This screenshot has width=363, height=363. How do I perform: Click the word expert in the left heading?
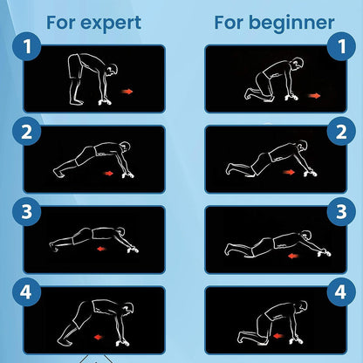[x=111, y=24]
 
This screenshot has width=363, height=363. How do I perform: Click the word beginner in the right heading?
[x=291, y=24]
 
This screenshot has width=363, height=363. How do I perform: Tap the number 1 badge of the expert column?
[x=27, y=46]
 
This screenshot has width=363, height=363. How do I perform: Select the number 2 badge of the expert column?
[x=27, y=132]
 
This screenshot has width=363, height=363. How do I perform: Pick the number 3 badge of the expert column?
[x=27, y=212]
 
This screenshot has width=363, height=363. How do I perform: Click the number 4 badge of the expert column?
[x=26, y=292]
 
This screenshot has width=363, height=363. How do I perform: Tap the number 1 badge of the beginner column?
[x=341, y=46]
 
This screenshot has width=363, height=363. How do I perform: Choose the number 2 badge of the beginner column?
[x=341, y=132]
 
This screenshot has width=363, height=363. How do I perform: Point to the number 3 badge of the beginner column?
[x=341, y=212]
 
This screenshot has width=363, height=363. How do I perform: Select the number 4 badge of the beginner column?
[x=341, y=292]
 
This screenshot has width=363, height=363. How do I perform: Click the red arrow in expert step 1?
[x=127, y=92]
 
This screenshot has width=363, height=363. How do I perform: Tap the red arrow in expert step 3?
[x=101, y=249]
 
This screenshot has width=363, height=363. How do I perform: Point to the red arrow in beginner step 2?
[x=289, y=172]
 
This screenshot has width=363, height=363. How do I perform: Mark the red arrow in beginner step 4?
[x=278, y=336]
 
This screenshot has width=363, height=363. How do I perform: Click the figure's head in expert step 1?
[x=112, y=71]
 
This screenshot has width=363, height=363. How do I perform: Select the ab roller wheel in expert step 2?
[x=128, y=175]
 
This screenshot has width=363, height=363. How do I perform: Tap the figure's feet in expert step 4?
[x=63, y=341]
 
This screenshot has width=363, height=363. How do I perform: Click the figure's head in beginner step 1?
[x=298, y=64]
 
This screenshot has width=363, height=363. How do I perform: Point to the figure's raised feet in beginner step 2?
[x=229, y=168]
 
